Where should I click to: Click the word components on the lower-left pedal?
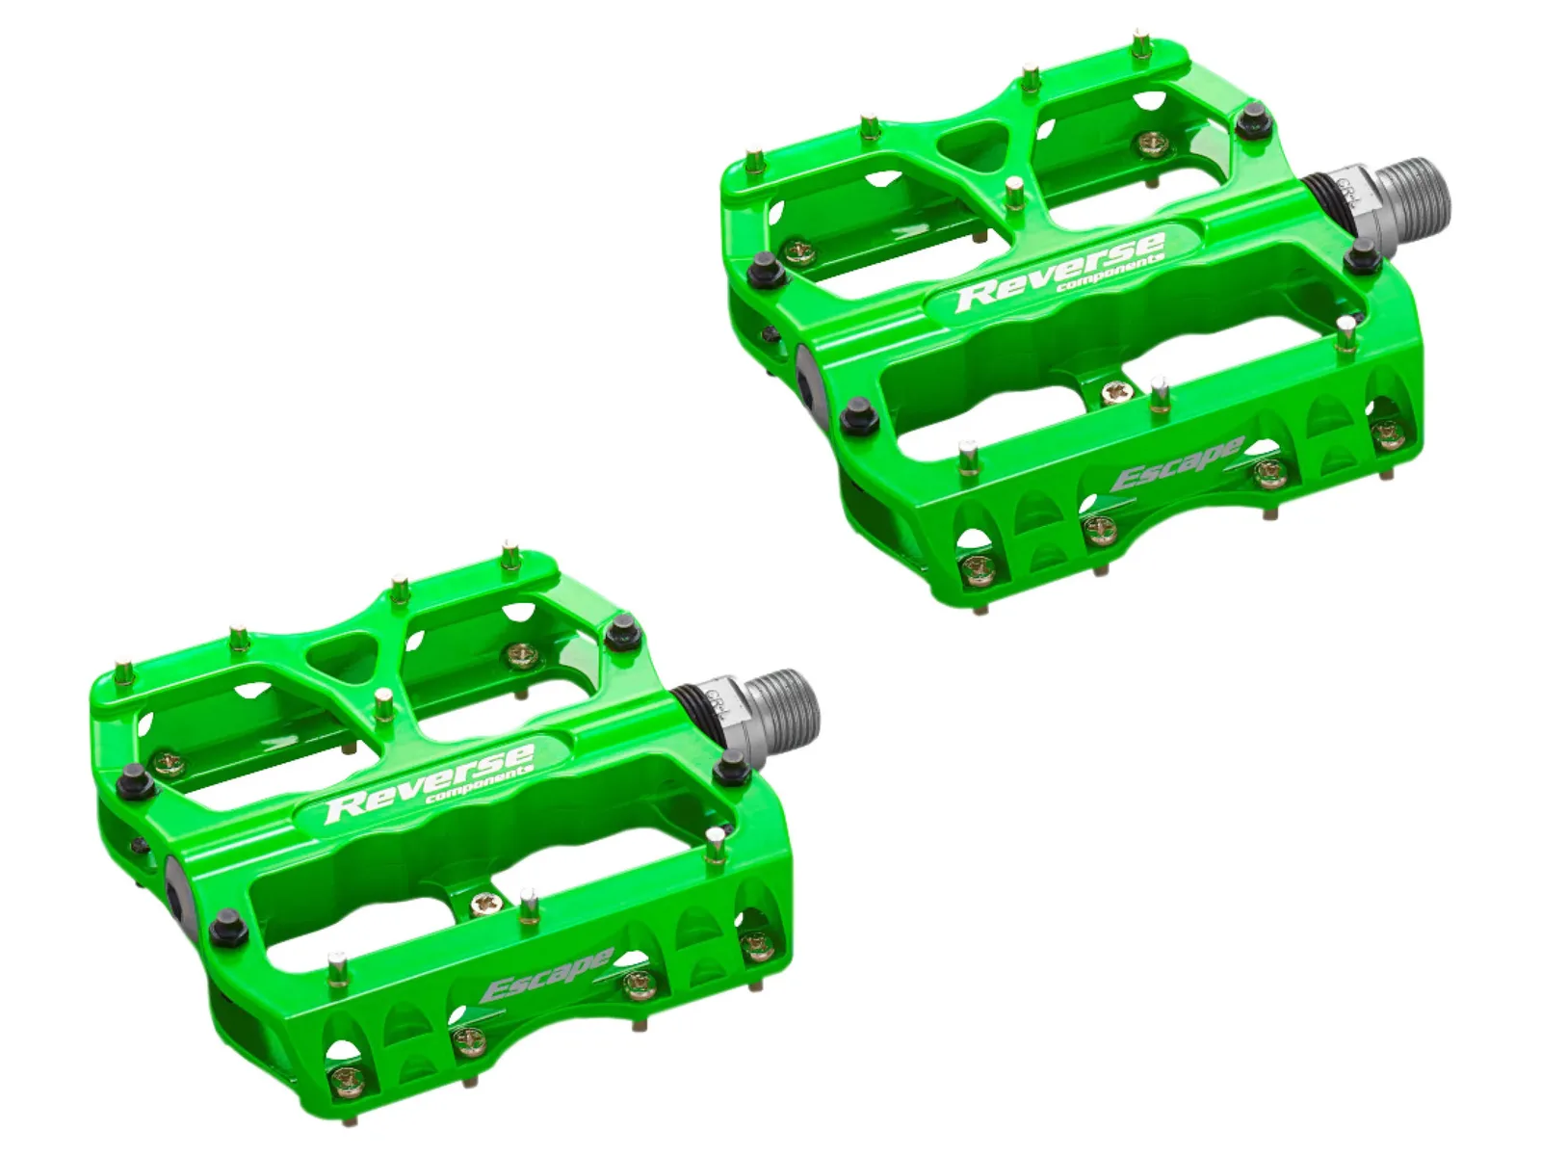[x=479, y=782]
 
